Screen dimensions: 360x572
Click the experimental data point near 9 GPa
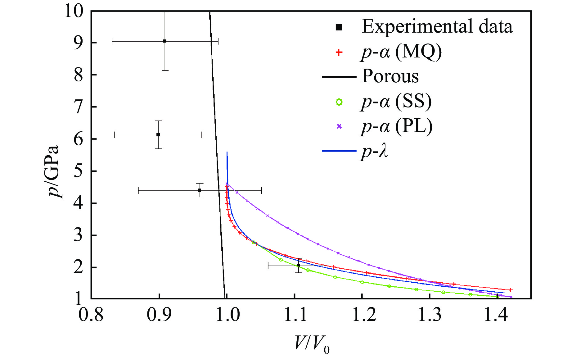click(x=164, y=41)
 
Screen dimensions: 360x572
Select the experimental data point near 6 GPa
click(x=158, y=135)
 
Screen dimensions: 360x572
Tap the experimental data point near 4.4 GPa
click(x=200, y=190)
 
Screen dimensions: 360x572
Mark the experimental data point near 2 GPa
click(x=298, y=266)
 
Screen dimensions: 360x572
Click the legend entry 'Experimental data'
click(x=437, y=27)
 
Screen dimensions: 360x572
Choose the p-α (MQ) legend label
click(x=401, y=52)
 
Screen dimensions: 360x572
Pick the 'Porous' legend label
click(x=390, y=76)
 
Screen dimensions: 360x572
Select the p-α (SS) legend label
click(x=396, y=102)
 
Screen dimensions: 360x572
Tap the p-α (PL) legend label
click(x=397, y=126)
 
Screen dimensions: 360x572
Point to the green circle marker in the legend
click(x=339, y=102)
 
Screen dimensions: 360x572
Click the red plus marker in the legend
click(x=339, y=52)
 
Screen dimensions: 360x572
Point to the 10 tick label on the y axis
click(x=74, y=11)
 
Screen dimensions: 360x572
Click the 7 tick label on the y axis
click(x=79, y=107)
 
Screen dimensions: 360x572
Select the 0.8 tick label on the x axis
click(x=91, y=315)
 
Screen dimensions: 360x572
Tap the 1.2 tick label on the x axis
click(x=362, y=315)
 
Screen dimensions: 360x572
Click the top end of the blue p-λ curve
click(x=227, y=153)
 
